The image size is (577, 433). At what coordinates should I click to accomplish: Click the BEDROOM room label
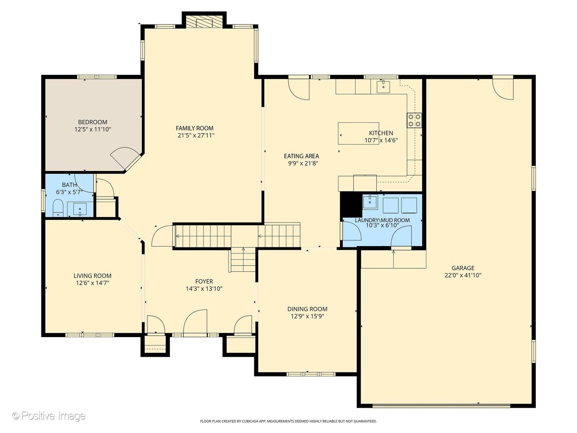pyautogui.click(x=93, y=122)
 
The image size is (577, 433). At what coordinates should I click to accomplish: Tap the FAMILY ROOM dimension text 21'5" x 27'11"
pyautogui.click(x=196, y=136)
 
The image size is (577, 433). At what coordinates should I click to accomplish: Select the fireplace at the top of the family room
pyautogui.click(x=204, y=22)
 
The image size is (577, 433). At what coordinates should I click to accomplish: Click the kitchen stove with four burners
pyautogui.click(x=415, y=120)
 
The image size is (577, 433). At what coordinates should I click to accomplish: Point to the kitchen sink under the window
pyautogui.click(x=383, y=86)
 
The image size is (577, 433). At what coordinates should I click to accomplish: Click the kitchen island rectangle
pyautogui.click(x=358, y=134)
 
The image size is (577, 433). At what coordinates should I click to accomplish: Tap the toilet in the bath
pyautogui.click(x=59, y=208)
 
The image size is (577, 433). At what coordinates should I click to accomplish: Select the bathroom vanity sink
pyautogui.click(x=80, y=209)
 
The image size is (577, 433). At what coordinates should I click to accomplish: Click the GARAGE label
pyautogui.click(x=463, y=268)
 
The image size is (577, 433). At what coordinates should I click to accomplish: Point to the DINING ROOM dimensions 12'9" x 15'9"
pyautogui.click(x=307, y=316)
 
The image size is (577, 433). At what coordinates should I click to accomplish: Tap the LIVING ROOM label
pyautogui.click(x=93, y=276)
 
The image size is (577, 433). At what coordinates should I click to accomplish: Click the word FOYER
pyautogui.click(x=204, y=281)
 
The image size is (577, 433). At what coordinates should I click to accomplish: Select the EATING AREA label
pyautogui.click(x=301, y=156)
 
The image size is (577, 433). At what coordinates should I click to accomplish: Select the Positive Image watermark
pyautogui.click(x=48, y=416)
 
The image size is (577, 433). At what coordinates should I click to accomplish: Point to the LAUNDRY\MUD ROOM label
pyautogui.click(x=382, y=220)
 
